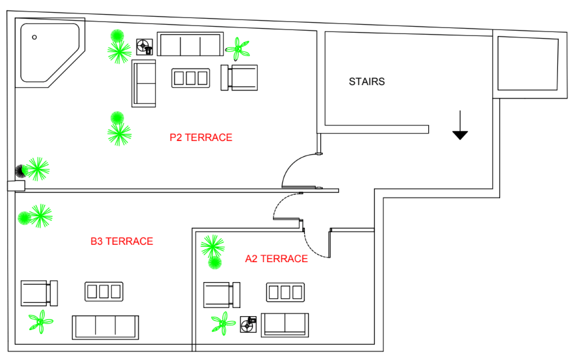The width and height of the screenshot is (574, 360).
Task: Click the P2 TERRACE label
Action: (x=200, y=138)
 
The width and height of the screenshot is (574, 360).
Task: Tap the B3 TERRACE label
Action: (x=122, y=241)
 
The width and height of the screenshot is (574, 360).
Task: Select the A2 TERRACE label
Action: (x=276, y=259)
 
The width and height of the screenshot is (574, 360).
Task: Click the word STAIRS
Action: (x=367, y=82)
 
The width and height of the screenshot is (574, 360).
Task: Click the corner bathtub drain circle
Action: (x=35, y=37)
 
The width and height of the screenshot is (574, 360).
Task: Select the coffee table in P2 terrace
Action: (x=191, y=78)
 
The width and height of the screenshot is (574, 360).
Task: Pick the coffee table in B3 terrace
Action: (x=104, y=291)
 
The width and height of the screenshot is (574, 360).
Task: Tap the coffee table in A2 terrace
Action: (x=285, y=292)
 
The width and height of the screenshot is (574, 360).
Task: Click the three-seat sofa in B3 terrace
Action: (x=105, y=327)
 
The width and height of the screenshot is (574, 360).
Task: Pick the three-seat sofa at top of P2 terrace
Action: (x=190, y=45)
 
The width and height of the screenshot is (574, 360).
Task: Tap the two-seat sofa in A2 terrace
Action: (x=285, y=324)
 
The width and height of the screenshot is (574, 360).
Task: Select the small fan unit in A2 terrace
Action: (x=249, y=324)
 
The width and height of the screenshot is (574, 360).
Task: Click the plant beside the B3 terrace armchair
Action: (x=41, y=322)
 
